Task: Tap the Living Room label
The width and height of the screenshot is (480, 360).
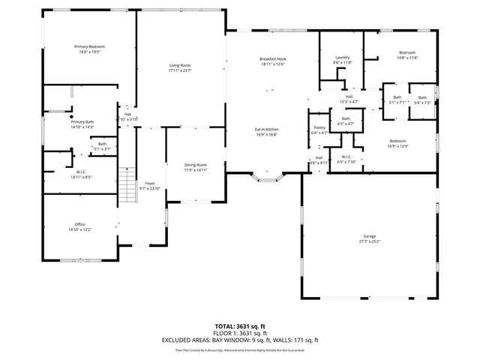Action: point(180,66)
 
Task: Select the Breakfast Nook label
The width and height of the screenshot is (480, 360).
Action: point(273,59)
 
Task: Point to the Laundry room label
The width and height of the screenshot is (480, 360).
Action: point(343,58)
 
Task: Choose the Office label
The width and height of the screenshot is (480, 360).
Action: point(79,224)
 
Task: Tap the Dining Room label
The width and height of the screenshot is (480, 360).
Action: point(196,165)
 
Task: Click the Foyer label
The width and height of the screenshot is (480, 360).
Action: point(150,183)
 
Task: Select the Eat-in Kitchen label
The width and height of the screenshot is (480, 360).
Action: point(267,130)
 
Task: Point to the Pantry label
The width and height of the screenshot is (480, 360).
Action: point(319,128)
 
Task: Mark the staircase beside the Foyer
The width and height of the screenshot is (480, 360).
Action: point(126,181)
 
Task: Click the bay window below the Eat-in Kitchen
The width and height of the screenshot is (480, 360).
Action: point(268,179)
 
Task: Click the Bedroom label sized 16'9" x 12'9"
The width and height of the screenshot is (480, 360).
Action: point(398,140)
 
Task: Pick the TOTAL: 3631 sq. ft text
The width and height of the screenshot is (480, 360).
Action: point(239,325)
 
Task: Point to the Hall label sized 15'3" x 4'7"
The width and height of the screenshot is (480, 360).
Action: point(349,96)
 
